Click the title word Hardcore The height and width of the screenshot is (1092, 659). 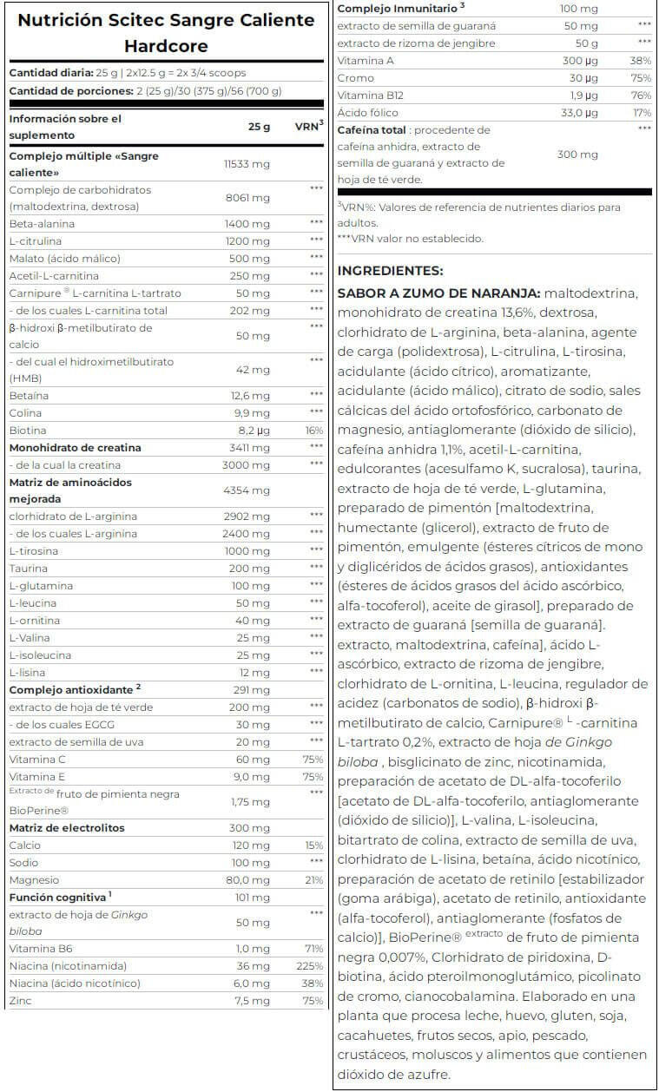(x=165, y=45)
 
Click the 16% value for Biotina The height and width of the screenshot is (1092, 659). (x=313, y=431)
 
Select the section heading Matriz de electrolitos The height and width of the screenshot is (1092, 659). (x=67, y=828)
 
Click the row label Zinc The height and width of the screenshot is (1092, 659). (x=20, y=1001)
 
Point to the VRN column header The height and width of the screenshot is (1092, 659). (x=307, y=127)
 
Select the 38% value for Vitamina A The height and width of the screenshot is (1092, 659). (x=639, y=61)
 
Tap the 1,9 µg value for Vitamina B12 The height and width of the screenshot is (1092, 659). (x=582, y=95)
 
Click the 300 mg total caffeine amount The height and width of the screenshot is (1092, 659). (x=577, y=155)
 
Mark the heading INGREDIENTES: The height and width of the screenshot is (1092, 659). (x=390, y=271)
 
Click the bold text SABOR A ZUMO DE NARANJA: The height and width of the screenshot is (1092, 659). (x=438, y=294)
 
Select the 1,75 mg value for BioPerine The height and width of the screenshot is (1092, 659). (x=247, y=802)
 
